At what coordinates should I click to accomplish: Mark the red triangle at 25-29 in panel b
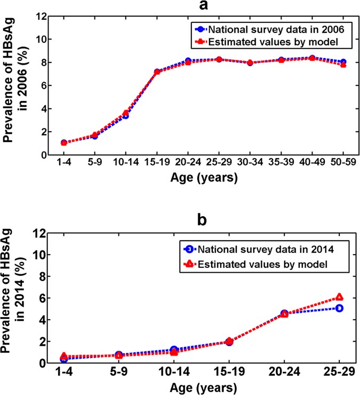pos(339,297)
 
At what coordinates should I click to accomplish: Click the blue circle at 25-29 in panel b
pos(339,308)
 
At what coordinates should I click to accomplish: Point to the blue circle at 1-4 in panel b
pos(63,359)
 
